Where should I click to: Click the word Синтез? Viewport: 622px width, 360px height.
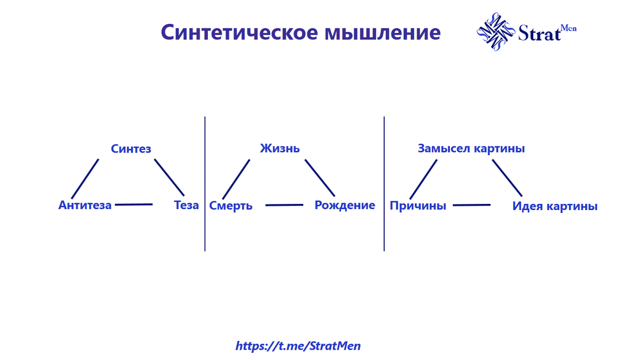(x=131, y=149)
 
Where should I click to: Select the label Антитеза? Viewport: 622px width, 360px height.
(x=85, y=205)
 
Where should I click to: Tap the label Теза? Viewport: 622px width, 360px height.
(x=186, y=205)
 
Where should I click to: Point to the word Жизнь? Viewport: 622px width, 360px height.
(x=280, y=149)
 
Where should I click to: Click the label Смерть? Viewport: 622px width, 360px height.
(x=231, y=205)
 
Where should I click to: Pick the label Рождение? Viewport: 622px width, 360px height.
(x=345, y=205)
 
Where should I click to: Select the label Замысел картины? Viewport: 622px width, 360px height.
(x=471, y=149)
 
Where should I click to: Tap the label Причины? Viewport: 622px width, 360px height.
(x=418, y=205)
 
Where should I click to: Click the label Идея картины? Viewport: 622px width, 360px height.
(x=555, y=206)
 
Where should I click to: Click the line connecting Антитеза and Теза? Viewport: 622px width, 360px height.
(x=134, y=205)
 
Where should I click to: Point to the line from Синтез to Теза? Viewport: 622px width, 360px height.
(x=169, y=177)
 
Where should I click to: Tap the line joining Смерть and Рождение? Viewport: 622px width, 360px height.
(x=284, y=205)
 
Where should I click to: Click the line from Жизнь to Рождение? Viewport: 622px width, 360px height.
(x=320, y=178)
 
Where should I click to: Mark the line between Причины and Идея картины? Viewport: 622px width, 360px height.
(x=472, y=205)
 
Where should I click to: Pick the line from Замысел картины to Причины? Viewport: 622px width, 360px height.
(x=422, y=179)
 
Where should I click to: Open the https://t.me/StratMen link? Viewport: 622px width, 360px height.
(x=298, y=345)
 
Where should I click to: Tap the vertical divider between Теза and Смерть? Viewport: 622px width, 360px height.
(x=205, y=184)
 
